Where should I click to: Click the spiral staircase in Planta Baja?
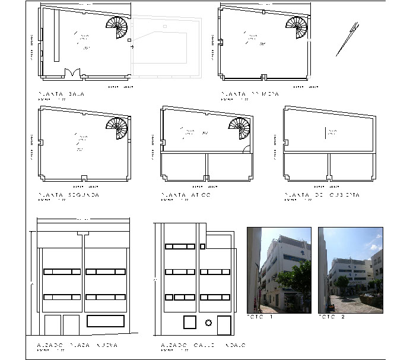point(117,28)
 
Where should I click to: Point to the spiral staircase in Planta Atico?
point(240,129)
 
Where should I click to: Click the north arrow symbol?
point(347,39)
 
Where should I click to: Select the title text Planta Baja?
point(60,94)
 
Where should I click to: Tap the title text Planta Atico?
point(186,195)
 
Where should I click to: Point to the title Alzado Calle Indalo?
point(203,345)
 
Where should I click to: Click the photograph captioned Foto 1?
point(279,270)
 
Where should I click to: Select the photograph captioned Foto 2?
point(350,270)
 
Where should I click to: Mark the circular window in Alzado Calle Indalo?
point(208,323)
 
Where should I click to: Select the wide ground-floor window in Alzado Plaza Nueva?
point(106,321)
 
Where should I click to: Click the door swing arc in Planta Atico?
point(245,149)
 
